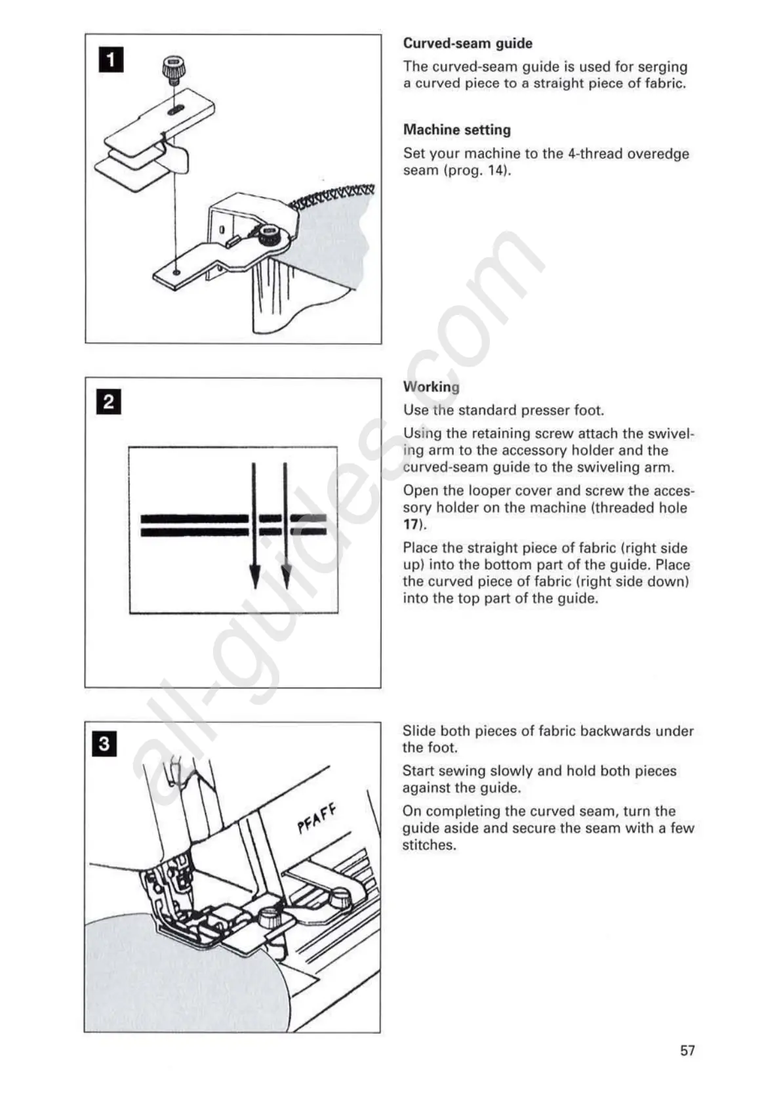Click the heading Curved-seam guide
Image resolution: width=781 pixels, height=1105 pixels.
(468, 44)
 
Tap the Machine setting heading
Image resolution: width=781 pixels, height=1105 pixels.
(456, 130)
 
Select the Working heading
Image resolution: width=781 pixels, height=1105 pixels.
(431, 387)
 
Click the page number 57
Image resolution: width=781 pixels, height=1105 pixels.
(687, 1051)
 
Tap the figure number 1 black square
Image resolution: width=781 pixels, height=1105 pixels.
(111, 60)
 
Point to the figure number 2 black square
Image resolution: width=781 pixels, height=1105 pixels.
(109, 402)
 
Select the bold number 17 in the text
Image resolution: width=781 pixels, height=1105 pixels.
(411, 525)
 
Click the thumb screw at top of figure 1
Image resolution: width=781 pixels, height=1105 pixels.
(172, 70)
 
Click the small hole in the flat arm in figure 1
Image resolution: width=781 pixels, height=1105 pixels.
(176, 271)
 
